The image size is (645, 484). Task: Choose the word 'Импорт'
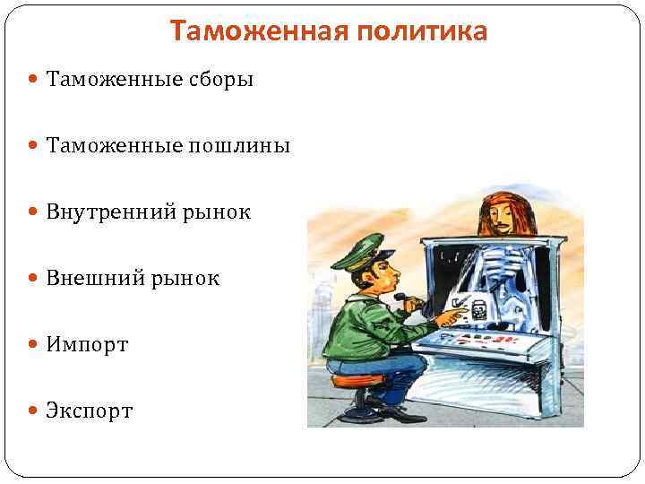(88, 344)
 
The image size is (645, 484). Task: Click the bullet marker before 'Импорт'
(33, 345)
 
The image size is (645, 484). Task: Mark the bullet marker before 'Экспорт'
(33, 411)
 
